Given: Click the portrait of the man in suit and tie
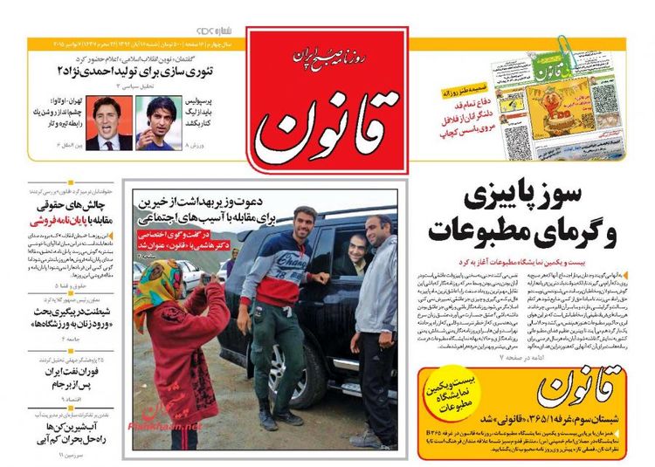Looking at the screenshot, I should coord(109,121).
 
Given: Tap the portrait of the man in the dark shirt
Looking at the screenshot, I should coord(157,122).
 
